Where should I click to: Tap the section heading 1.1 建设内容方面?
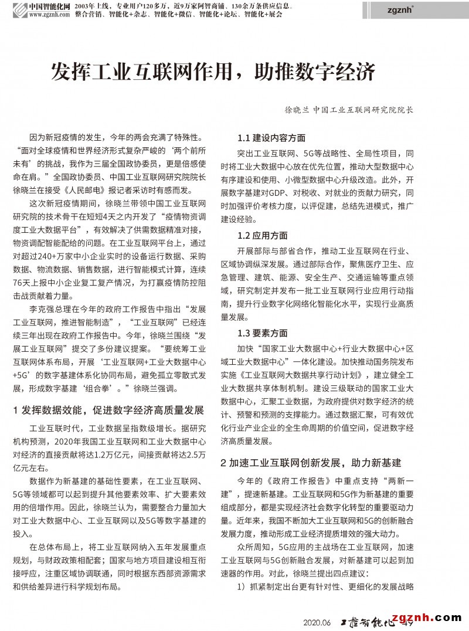coord(271,139)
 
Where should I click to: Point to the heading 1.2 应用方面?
coord(263,236)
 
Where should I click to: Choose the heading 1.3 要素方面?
coord(263,333)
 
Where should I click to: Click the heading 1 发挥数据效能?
coord(108,409)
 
